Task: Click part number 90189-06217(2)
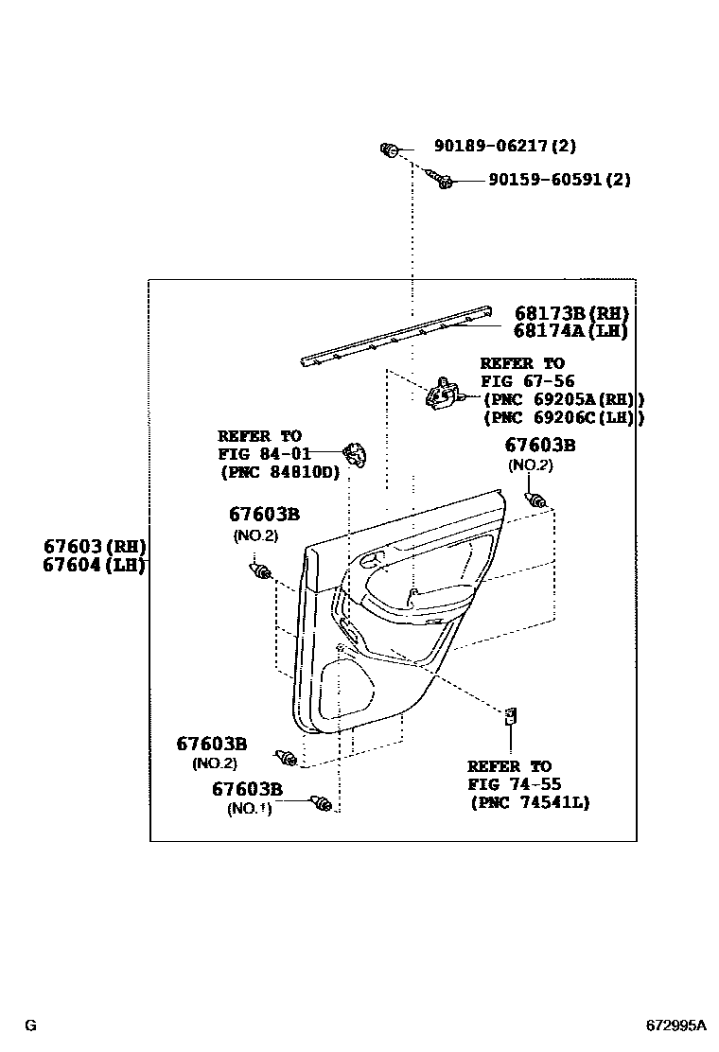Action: click(x=505, y=147)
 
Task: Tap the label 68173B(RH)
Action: click(x=571, y=314)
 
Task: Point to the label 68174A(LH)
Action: click(x=571, y=331)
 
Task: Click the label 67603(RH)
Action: click(x=94, y=547)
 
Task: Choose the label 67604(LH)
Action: click(x=94, y=565)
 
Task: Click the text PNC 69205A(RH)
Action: click(x=564, y=399)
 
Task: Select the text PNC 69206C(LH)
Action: click(x=564, y=417)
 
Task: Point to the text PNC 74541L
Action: click(x=530, y=802)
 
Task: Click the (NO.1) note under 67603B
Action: click(x=249, y=809)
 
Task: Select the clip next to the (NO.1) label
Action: click(x=323, y=805)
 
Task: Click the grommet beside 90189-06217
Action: click(x=389, y=149)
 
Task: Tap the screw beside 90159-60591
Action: click(x=441, y=180)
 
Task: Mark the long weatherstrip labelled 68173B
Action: click(x=397, y=337)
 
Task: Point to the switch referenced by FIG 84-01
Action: click(x=356, y=454)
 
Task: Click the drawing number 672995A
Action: click(x=675, y=1026)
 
